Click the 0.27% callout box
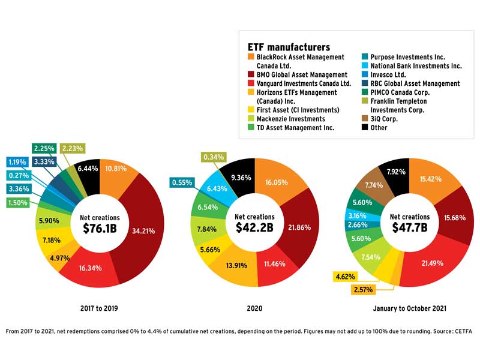pyautogui.click(x=21, y=176)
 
